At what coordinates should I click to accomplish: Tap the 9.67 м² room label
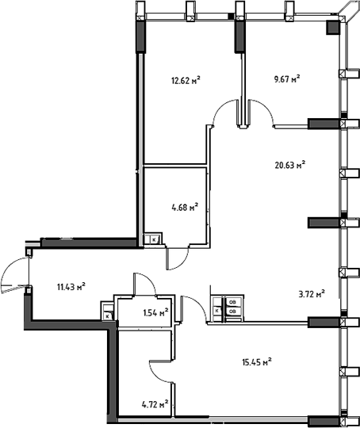[x=287, y=79]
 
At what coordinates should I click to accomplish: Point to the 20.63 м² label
[x=290, y=165]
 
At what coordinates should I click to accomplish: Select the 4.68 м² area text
[x=185, y=208]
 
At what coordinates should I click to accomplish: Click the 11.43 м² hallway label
[x=71, y=287]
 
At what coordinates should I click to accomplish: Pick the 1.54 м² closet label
[x=155, y=312]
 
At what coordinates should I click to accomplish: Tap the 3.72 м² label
[x=312, y=295]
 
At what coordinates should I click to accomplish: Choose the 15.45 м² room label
[x=257, y=362]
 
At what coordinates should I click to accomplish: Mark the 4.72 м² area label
[x=155, y=404]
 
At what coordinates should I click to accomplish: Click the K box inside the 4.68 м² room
[x=154, y=240]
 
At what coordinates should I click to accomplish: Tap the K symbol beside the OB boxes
[x=217, y=311]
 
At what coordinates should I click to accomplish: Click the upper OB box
[x=232, y=302]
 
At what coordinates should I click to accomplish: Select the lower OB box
[x=232, y=311]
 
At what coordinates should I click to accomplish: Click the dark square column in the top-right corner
[x=333, y=28]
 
